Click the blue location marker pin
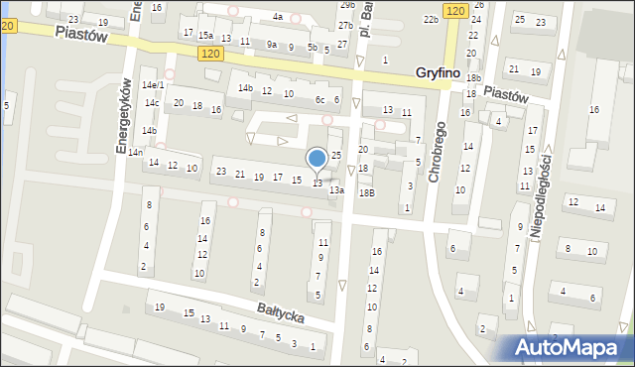(317, 159)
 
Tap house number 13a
(336, 189)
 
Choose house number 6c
(320, 99)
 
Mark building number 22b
(431, 19)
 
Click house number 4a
(278, 17)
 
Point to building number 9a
(271, 44)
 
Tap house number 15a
(205, 35)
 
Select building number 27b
(344, 25)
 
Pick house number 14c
(151, 103)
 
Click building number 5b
(313, 47)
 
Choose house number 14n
(134, 152)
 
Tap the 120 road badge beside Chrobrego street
(454, 10)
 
